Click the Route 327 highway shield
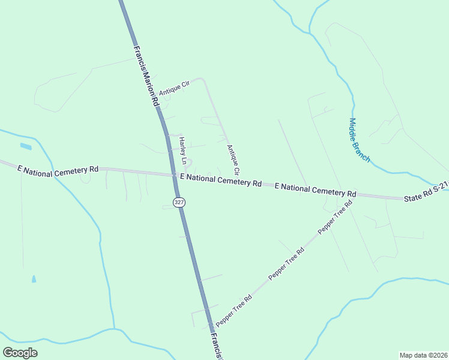(179, 202)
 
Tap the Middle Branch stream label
(360, 140)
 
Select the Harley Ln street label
(183, 151)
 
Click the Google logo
(20, 352)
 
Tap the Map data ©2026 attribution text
(423, 355)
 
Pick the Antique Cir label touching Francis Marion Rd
(174, 89)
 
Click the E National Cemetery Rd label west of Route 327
(58, 170)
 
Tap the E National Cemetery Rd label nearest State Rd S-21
(315, 190)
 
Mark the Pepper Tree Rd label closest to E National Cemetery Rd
(335, 217)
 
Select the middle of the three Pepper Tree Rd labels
(287, 263)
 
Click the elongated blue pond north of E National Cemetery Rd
(26, 146)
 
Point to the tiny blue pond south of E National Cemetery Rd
(34, 279)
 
